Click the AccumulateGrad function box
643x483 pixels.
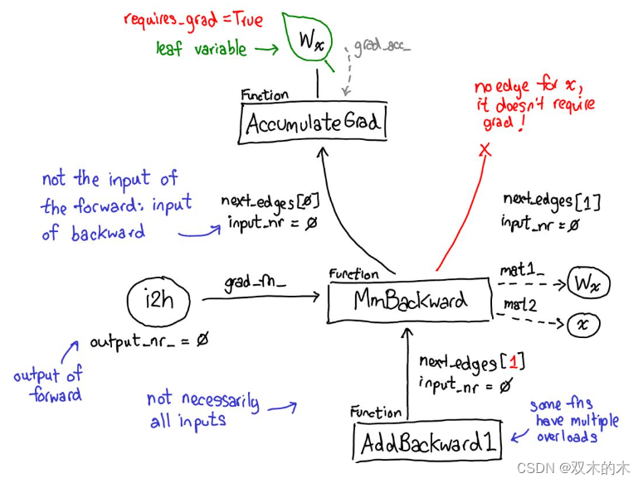click(314, 124)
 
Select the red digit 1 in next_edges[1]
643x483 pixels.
click(513, 361)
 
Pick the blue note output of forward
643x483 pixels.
click(48, 385)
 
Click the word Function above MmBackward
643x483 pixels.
click(353, 273)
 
